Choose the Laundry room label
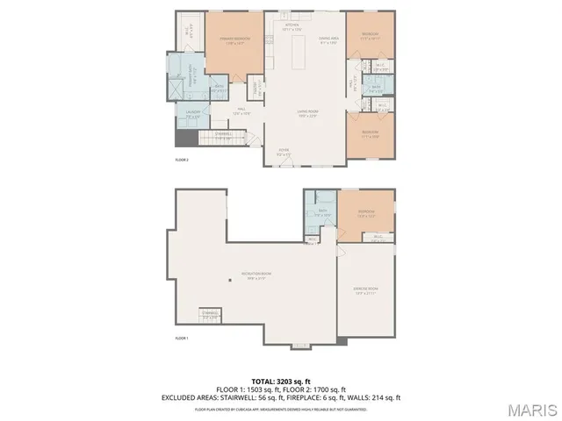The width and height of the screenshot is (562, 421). click(192, 112)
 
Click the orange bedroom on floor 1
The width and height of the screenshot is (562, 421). click(365, 215)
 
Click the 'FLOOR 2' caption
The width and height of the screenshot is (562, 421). click(182, 160)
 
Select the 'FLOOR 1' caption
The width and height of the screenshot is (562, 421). click(182, 338)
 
